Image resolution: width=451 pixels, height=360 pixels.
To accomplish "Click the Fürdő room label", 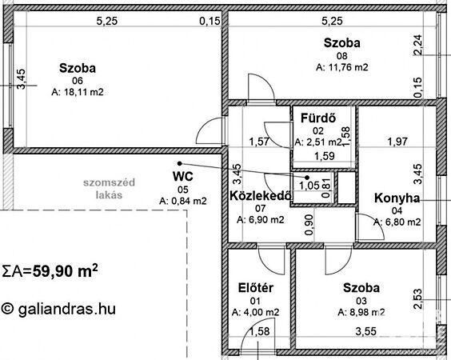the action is (x=318, y=118).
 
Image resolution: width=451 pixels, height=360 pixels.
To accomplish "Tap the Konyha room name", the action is (x=397, y=198).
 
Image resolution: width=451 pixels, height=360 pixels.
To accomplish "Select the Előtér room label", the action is (x=256, y=288).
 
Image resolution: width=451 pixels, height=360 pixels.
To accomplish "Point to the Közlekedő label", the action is (x=261, y=196).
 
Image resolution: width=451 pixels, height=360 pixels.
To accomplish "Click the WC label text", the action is (x=182, y=177).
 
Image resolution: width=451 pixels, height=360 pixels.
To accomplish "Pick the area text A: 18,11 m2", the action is (x=78, y=92).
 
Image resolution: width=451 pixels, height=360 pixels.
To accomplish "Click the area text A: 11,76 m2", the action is (x=342, y=67).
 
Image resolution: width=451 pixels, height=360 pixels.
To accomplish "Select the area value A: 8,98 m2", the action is (x=361, y=312).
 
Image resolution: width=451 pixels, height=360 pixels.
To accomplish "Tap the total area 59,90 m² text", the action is (x=66, y=270).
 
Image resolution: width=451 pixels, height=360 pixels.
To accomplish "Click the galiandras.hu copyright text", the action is (x=58, y=309).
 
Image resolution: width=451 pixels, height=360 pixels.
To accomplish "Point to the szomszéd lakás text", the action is (x=109, y=189).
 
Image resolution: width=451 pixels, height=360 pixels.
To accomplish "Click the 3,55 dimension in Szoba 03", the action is (x=366, y=331).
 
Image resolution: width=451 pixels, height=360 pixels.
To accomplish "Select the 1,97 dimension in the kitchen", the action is (x=397, y=142).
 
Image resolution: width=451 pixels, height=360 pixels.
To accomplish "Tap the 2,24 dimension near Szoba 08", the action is (x=418, y=44).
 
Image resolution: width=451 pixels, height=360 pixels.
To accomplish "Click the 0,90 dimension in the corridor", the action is (x=309, y=225).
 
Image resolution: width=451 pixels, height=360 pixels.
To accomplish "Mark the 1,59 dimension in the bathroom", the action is (x=325, y=156).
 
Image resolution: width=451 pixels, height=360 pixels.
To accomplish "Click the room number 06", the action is (x=78, y=81).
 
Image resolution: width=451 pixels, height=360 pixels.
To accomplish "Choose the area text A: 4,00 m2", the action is (x=256, y=312).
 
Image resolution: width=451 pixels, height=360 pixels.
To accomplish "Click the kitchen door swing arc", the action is (x=375, y=223).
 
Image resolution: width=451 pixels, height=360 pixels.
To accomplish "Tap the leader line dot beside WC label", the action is (x=179, y=163).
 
